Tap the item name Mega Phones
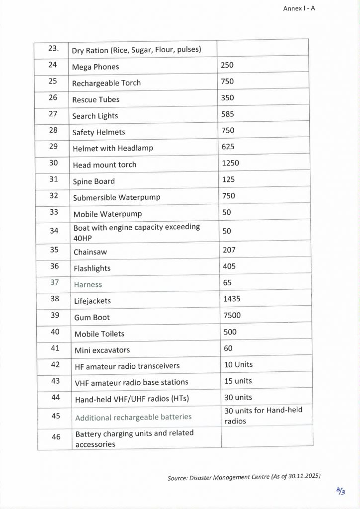coord(95,67)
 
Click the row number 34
coord(54,231)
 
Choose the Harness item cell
coord(88,285)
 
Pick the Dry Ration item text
coord(136,50)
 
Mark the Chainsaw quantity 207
coord(229,250)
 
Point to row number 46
coord(56,437)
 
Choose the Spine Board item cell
coord(94,181)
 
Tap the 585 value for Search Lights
coord(228,114)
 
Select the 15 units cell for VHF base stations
coord(238,381)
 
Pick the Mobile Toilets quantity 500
coord(229,332)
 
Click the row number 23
coord(54,48)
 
